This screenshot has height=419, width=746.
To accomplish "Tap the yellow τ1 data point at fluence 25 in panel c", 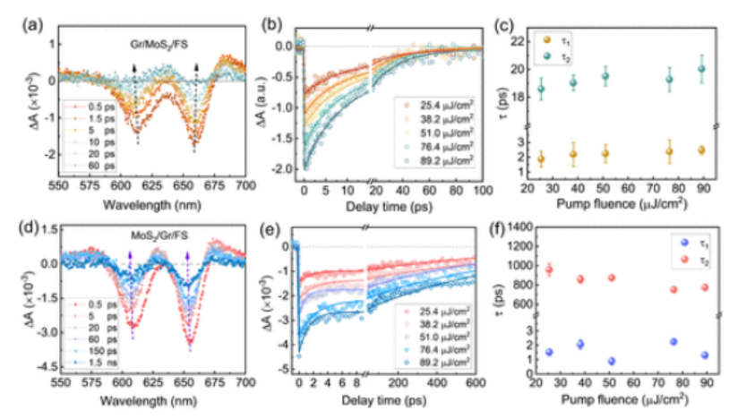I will [x=540, y=158].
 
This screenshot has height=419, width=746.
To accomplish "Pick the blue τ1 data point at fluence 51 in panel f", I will [x=610, y=361].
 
